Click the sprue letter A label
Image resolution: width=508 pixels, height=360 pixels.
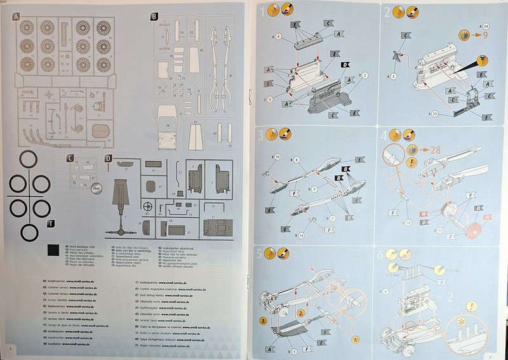(17, 16)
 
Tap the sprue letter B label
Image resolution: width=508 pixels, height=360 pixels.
(154, 16)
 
